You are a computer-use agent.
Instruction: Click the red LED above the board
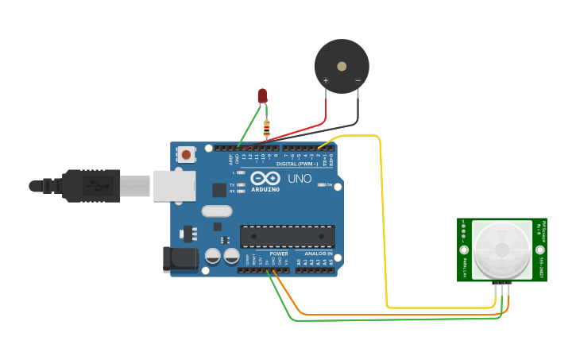pos(262,95)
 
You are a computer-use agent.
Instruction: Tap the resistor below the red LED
pos(266,127)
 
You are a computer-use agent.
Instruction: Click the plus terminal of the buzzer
pos(326,80)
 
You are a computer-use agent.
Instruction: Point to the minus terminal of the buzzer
pos(358,80)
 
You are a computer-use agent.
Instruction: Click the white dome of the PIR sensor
pos(502,249)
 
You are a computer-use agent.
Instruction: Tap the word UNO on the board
pos(300,179)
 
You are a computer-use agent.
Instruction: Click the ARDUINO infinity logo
pos(265,179)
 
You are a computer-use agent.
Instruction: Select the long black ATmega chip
pos(287,236)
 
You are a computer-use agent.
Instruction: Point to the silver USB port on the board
pos(174,185)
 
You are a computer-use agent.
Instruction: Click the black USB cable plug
pos(91,185)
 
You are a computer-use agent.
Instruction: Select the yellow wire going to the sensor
pos(385,223)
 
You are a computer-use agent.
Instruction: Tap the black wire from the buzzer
pos(350,120)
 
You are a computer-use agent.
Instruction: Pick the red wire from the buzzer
pos(302,130)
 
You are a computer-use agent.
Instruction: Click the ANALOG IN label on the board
pos(318,254)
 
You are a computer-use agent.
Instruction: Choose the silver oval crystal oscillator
pos(217,211)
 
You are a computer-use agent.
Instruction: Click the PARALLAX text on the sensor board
pos(463,266)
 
